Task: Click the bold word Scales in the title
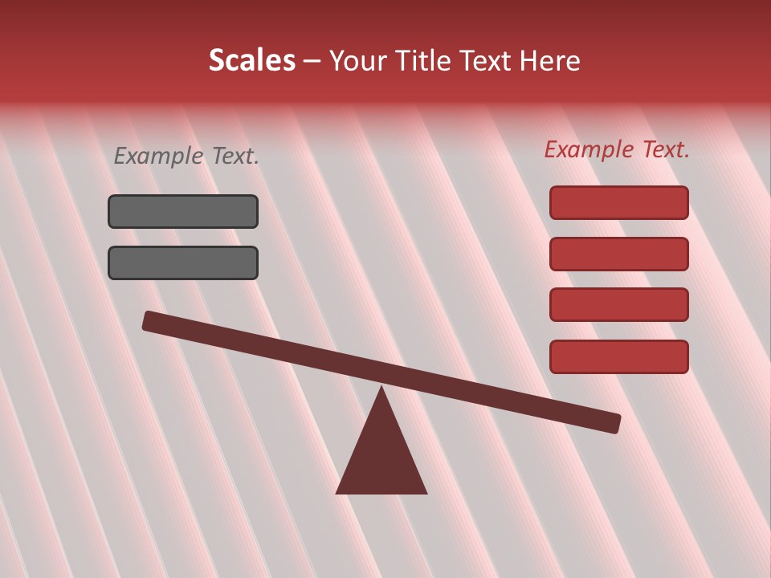coord(252,60)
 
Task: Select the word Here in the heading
coord(549,60)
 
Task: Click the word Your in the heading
coord(357,60)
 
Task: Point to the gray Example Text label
coord(186,156)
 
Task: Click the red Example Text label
coord(617,149)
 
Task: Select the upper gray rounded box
coord(183,211)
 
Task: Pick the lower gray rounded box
coord(183,263)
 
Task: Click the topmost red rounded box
coord(619,202)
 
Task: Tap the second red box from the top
coord(619,254)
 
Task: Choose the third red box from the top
coord(619,305)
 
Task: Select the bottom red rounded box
coord(619,356)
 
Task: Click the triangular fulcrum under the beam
coord(381,458)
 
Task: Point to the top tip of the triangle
coord(381,389)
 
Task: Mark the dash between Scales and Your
coord(312,61)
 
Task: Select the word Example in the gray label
coord(159,156)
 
